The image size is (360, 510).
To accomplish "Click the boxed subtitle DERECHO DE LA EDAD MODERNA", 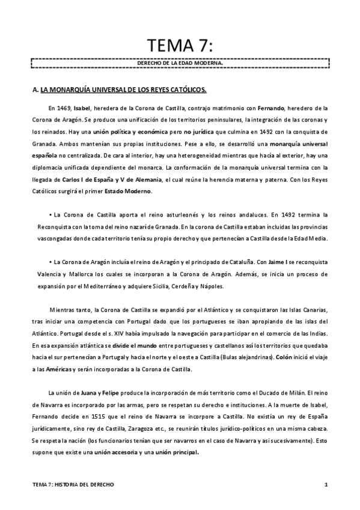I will tap(180, 62).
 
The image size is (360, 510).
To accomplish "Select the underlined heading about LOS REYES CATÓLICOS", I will tap(123, 91).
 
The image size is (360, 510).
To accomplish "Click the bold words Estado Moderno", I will tap(132, 191).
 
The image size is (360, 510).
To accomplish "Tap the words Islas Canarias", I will tap(307, 310).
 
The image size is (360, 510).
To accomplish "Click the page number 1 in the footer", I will tap(325, 485).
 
